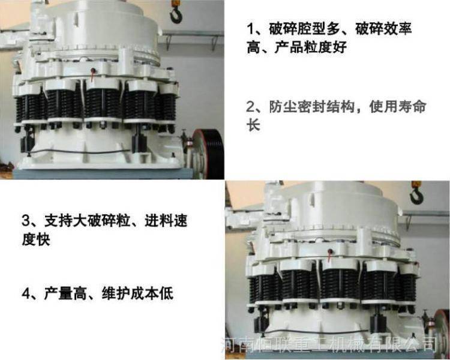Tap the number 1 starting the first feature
pyautogui.click(x=251, y=29)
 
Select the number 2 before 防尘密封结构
pyautogui.click(x=251, y=107)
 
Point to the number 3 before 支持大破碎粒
pyautogui.click(x=26, y=220)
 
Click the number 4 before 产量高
pyautogui.click(x=26, y=293)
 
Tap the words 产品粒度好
pyautogui.click(x=311, y=47)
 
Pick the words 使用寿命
pyautogui.click(x=398, y=107)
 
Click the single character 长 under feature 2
pyautogui.click(x=253, y=125)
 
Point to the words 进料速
pyautogui.click(x=166, y=220)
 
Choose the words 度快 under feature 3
pyautogui.click(x=36, y=239)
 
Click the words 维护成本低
pyautogui.click(x=137, y=293)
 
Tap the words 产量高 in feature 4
pyautogui.click(x=65, y=293)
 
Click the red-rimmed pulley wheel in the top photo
pyautogui.click(x=208, y=154)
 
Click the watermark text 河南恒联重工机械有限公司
pyautogui.click(x=329, y=344)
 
